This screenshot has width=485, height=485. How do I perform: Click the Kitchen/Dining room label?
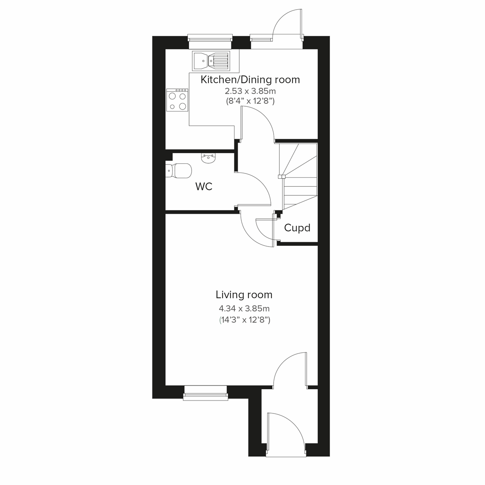250,80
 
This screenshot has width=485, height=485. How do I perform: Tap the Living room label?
244,295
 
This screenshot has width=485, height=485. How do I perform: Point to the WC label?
204,187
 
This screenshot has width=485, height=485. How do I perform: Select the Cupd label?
297,228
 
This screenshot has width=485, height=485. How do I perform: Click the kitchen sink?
211,61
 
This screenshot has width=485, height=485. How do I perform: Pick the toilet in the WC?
178,171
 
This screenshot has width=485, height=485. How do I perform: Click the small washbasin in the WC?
208,158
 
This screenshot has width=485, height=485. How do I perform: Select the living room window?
205,392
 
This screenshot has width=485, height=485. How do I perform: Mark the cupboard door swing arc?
265,230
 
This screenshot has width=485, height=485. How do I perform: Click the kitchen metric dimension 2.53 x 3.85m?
250,91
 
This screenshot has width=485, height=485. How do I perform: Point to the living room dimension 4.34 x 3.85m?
244,309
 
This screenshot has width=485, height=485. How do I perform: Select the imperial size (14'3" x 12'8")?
244,320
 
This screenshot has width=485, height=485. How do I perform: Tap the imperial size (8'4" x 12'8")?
250,101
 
